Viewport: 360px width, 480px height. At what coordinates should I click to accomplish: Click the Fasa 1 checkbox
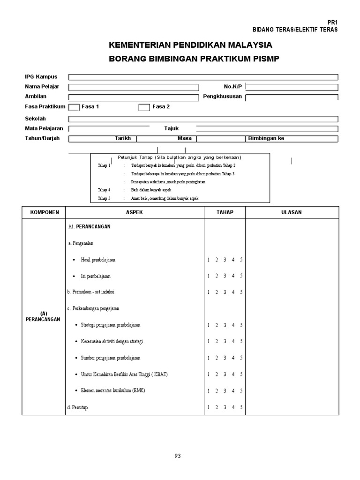point(74,107)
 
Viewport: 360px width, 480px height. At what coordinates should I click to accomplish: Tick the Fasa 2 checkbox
point(144,107)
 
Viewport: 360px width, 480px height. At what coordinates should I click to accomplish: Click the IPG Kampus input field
point(203,77)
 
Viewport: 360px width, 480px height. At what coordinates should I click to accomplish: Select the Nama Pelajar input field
point(133,87)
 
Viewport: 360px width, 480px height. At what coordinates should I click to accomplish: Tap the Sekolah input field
point(203,119)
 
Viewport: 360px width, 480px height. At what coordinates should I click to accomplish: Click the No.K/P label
point(233,87)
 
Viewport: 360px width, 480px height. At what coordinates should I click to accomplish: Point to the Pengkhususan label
point(222,97)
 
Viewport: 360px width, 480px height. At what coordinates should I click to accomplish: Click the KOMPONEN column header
point(45,212)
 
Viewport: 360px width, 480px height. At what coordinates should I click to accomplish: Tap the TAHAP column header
point(225,212)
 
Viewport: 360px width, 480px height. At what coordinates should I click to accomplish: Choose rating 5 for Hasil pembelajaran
point(241,260)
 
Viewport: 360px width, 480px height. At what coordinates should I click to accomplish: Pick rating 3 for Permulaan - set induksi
point(225,292)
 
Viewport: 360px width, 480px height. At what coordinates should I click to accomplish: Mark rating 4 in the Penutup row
point(233,407)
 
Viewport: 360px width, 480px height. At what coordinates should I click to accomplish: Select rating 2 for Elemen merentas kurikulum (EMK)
point(217,390)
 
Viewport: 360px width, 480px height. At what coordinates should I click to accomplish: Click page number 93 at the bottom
point(177,456)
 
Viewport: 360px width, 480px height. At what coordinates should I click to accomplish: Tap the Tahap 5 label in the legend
point(104,198)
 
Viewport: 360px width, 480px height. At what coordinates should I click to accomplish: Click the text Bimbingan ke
point(266,139)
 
